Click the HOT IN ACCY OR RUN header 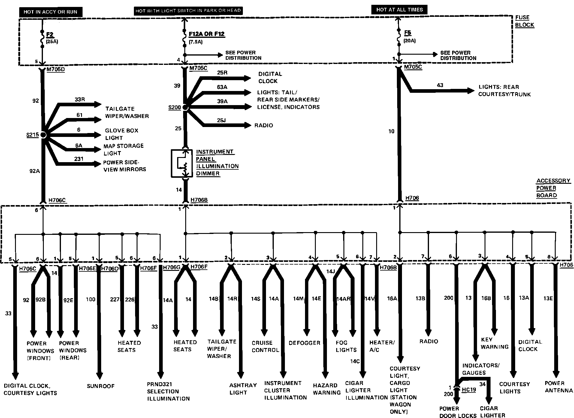(50, 12)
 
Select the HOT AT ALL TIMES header (399, 10)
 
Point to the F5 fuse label (407, 33)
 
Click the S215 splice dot (43, 135)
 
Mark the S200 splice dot (185, 107)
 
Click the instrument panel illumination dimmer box (182, 163)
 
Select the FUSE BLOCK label (524, 21)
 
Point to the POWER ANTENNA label (559, 387)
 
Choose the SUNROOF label (101, 386)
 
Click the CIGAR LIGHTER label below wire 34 (492, 412)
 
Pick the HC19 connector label (469, 389)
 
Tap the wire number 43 (440, 85)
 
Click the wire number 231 (79, 159)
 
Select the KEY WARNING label (494, 343)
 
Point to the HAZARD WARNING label (327, 389)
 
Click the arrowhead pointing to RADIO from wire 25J (248, 125)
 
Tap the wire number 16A (392, 298)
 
